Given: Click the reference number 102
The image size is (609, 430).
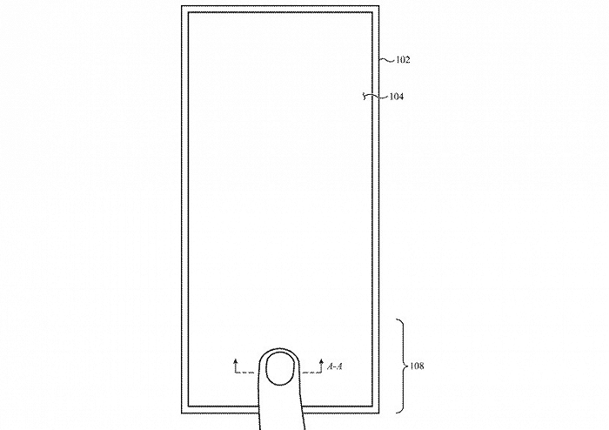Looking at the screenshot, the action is (403, 60).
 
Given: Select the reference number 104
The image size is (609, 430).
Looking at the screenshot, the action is (397, 97).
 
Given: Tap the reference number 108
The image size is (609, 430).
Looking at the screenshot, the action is (417, 366).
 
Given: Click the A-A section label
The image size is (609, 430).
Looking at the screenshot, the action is (335, 366).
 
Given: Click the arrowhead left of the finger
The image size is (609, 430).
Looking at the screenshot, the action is (236, 361).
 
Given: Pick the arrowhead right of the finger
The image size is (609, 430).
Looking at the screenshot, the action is (321, 361).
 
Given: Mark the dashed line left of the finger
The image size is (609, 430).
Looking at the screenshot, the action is (244, 373).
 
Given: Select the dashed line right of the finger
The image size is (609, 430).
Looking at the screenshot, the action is (312, 373).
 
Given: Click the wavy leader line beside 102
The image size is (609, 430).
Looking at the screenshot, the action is (387, 60).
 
